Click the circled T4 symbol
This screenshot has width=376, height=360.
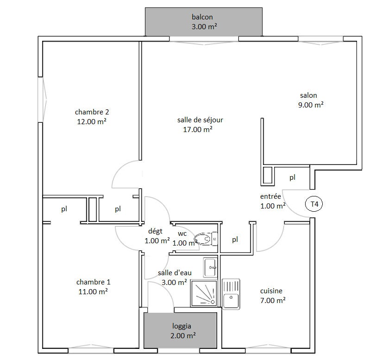tap(314, 204)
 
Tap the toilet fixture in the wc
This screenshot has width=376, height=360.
tap(206, 239)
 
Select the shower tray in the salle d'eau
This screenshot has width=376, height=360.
tap(204, 293)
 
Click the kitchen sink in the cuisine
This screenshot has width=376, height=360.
tap(231, 294)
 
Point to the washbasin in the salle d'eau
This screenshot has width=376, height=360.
tap(210, 267)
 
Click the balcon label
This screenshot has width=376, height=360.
tap(202, 17)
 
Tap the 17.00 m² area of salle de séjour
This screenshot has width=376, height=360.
tap(198, 130)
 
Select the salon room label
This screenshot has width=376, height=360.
tap(308, 95)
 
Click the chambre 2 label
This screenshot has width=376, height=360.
tap(92, 112)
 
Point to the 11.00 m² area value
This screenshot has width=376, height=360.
tap(93, 291)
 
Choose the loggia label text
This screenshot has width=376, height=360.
tap(182, 326)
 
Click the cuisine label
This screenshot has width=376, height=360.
tap(271, 291)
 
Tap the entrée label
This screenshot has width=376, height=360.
tap(270, 196)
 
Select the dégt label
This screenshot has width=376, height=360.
tap(155, 231)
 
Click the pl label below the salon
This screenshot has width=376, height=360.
tap(292, 177)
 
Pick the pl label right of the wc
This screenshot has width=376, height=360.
tap(235, 239)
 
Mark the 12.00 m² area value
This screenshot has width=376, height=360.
tap(92, 122)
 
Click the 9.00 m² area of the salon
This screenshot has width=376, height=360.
tap(311, 105)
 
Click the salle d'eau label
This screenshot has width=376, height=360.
tap(175, 273)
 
